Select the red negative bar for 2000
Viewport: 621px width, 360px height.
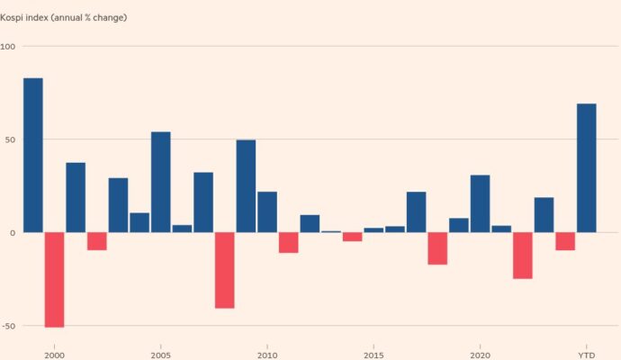54,279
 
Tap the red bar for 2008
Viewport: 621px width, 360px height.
224,270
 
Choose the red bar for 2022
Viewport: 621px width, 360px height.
522,256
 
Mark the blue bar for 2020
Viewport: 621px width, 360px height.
480,203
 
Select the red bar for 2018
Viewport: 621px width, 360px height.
437,248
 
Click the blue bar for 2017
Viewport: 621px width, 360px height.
416,211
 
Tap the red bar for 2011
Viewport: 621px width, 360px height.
288,242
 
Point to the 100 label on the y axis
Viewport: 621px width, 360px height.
8,46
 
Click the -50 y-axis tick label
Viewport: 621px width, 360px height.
8,325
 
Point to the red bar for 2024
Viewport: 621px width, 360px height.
564,240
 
